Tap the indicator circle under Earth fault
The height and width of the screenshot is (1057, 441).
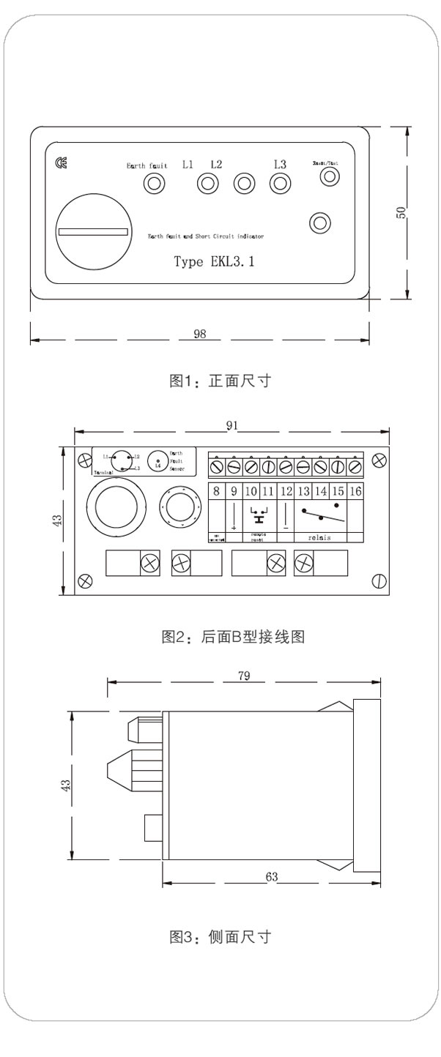click(153, 183)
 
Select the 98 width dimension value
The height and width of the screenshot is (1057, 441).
click(199, 334)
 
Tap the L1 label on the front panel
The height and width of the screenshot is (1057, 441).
click(188, 164)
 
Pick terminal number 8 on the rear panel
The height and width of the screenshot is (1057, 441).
click(216, 491)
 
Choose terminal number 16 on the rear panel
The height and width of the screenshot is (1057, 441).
click(355, 491)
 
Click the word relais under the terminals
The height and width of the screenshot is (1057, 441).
click(319, 537)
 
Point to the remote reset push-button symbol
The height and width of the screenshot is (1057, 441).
click(257, 515)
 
